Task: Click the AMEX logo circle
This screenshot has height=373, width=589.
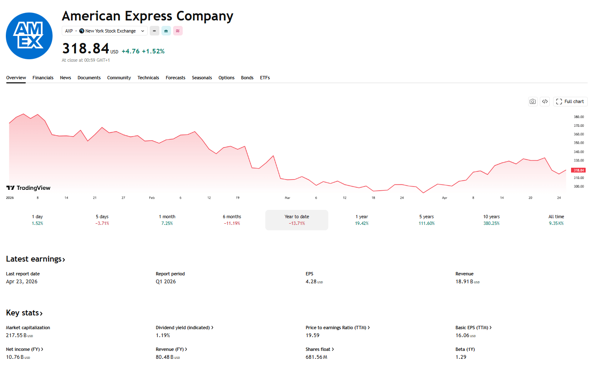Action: tap(29, 36)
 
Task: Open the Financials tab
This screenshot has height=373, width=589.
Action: tap(43, 78)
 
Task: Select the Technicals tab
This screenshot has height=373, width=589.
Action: tap(148, 78)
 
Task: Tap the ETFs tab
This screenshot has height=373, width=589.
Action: tap(265, 78)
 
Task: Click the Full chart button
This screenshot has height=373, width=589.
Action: tap(570, 101)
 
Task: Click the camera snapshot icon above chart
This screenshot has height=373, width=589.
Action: tap(533, 101)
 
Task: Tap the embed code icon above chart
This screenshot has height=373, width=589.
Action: tap(545, 101)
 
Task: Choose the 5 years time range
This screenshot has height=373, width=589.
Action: tap(426, 220)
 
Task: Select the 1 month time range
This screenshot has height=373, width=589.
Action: tap(167, 220)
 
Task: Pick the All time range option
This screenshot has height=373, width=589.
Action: tap(556, 220)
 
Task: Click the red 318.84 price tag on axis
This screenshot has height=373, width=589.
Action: tap(578, 170)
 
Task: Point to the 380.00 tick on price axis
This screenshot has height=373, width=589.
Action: tap(579, 117)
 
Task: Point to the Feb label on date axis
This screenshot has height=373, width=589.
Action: tap(152, 198)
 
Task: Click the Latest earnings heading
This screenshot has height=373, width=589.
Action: tap(35, 259)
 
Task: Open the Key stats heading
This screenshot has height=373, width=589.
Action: tap(24, 313)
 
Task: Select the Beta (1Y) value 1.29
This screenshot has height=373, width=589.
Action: tap(461, 357)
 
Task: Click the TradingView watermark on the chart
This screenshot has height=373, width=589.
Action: tap(28, 188)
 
